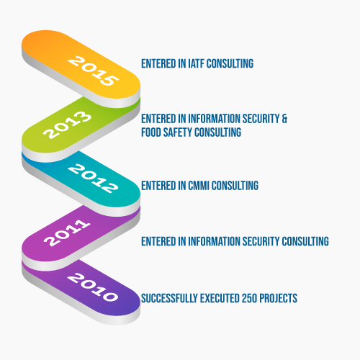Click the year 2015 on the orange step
[x=93, y=71]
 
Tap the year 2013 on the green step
[x=67, y=125]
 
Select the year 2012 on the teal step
[x=93, y=179]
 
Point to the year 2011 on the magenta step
[x=67, y=233]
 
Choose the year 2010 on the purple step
[x=93, y=287]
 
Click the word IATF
[x=196, y=63]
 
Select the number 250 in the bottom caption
[x=249, y=298]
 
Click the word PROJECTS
[x=279, y=298]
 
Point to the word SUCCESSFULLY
[x=169, y=298]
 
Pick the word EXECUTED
[x=220, y=298]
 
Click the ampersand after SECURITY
[x=284, y=119]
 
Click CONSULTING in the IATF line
[x=230, y=63]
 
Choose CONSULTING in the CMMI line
[x=235, y=186]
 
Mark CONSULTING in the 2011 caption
[x=305, y=241]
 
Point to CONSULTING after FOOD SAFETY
[x=217, y=132]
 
